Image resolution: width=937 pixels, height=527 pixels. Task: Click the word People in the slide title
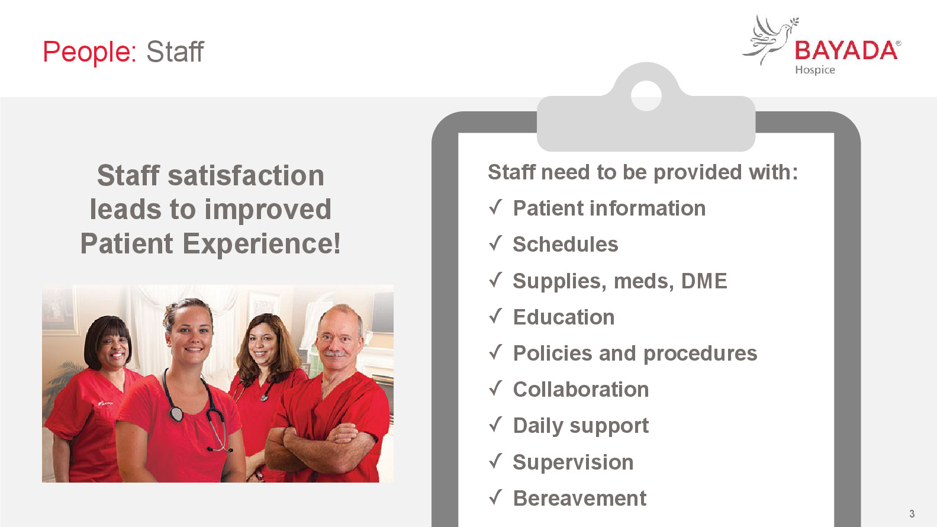coord(89,52)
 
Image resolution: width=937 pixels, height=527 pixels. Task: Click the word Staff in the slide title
coord(175,52)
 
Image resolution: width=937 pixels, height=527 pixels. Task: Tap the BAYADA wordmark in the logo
coord(846,51)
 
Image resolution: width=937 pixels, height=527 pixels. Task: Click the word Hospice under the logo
coord(814,70)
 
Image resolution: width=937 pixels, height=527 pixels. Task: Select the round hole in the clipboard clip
coord(646,96)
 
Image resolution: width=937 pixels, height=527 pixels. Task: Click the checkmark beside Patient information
coord(495,208)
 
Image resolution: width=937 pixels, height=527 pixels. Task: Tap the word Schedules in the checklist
coord(565,244)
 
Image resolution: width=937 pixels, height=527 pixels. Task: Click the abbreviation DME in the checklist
coord(704,281)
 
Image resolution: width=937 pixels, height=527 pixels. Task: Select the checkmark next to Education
coord(495,316)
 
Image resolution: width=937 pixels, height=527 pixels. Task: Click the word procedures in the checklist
coord(700,354)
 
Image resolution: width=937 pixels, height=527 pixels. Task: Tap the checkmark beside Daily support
coord(495,425)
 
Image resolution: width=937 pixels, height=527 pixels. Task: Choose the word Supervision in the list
coord(573,462)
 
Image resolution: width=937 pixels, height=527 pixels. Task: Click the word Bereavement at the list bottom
coord(579,498)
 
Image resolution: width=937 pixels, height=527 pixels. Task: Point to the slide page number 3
coord(912,513)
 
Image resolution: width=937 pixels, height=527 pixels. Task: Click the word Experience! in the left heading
coord(262,244)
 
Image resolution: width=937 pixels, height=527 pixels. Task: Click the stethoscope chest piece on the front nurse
coord(176,414)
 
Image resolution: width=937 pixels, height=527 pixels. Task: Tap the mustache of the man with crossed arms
coord(335,354)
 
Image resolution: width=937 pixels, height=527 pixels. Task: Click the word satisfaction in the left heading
coord(246,175)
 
